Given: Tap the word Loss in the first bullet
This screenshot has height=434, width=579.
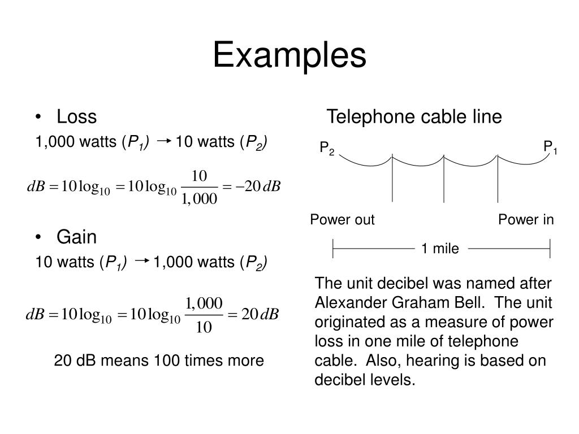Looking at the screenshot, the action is pyautogui.click(x=76, y=117).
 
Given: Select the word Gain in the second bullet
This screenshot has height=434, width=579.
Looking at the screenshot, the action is pyautogui.click(x=77, y=237).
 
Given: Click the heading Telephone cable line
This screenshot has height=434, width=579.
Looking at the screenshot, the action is pyautogui.click(x=414, y=117).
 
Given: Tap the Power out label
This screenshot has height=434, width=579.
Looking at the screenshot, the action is pyautogui.click(x=342, y=220).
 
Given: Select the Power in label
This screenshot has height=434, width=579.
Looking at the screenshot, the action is pyautogui.click(x=526, y=220).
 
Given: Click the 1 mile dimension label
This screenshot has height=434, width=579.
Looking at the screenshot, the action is pyautogui.click(x=440, y=248).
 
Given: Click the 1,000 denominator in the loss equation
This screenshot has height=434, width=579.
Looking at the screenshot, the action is pyautogui.click(x=199, y=199).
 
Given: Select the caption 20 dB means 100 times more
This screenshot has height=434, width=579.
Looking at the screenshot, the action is pyautogui.click(x=159, y=361).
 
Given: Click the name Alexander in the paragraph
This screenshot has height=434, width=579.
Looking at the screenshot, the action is pyautogui.click(x=344, y=302).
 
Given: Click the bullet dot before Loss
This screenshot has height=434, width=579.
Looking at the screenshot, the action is pyautogui.click(x=38, y=118).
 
